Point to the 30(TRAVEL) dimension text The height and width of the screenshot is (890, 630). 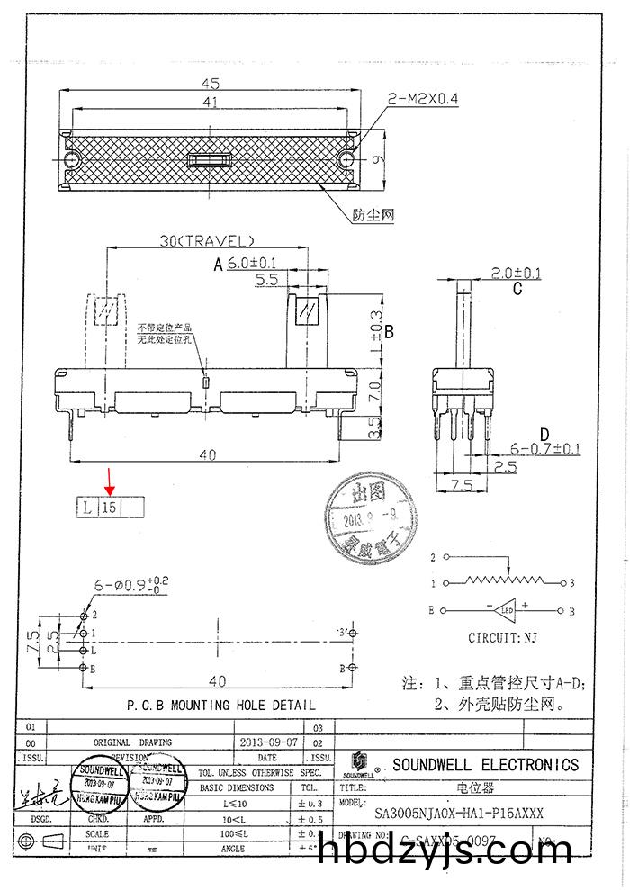[x=207, y=240]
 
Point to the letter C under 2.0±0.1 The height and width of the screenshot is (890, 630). [x=517, y=290]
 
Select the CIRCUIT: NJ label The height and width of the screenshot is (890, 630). [x=504, y=638]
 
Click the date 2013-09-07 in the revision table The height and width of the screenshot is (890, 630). [x=268, y=742]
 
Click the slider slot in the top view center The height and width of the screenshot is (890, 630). [x=209, y=160]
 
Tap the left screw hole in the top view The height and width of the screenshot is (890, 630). [x=72, y=159]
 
